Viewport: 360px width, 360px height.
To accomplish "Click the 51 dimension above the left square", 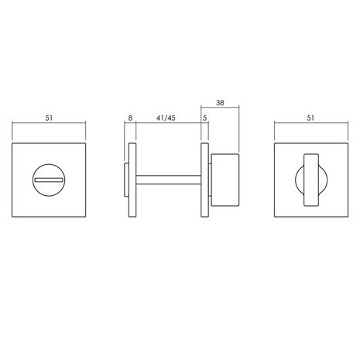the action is point(49,118).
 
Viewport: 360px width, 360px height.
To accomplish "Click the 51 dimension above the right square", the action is point(311,118).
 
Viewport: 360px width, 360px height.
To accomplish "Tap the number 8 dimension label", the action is point(130,118).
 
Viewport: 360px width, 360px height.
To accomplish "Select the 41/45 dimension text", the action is point(166,118).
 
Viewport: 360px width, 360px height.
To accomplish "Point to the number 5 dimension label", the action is point(205,118).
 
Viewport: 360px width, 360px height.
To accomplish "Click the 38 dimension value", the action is point(220,103).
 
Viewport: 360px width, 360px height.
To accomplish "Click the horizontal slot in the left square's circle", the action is point(49,180).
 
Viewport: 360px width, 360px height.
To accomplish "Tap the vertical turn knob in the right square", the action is point(311,180).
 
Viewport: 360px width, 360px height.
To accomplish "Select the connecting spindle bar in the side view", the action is point(169,180).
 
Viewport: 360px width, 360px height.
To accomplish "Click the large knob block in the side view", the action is point(225,180).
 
